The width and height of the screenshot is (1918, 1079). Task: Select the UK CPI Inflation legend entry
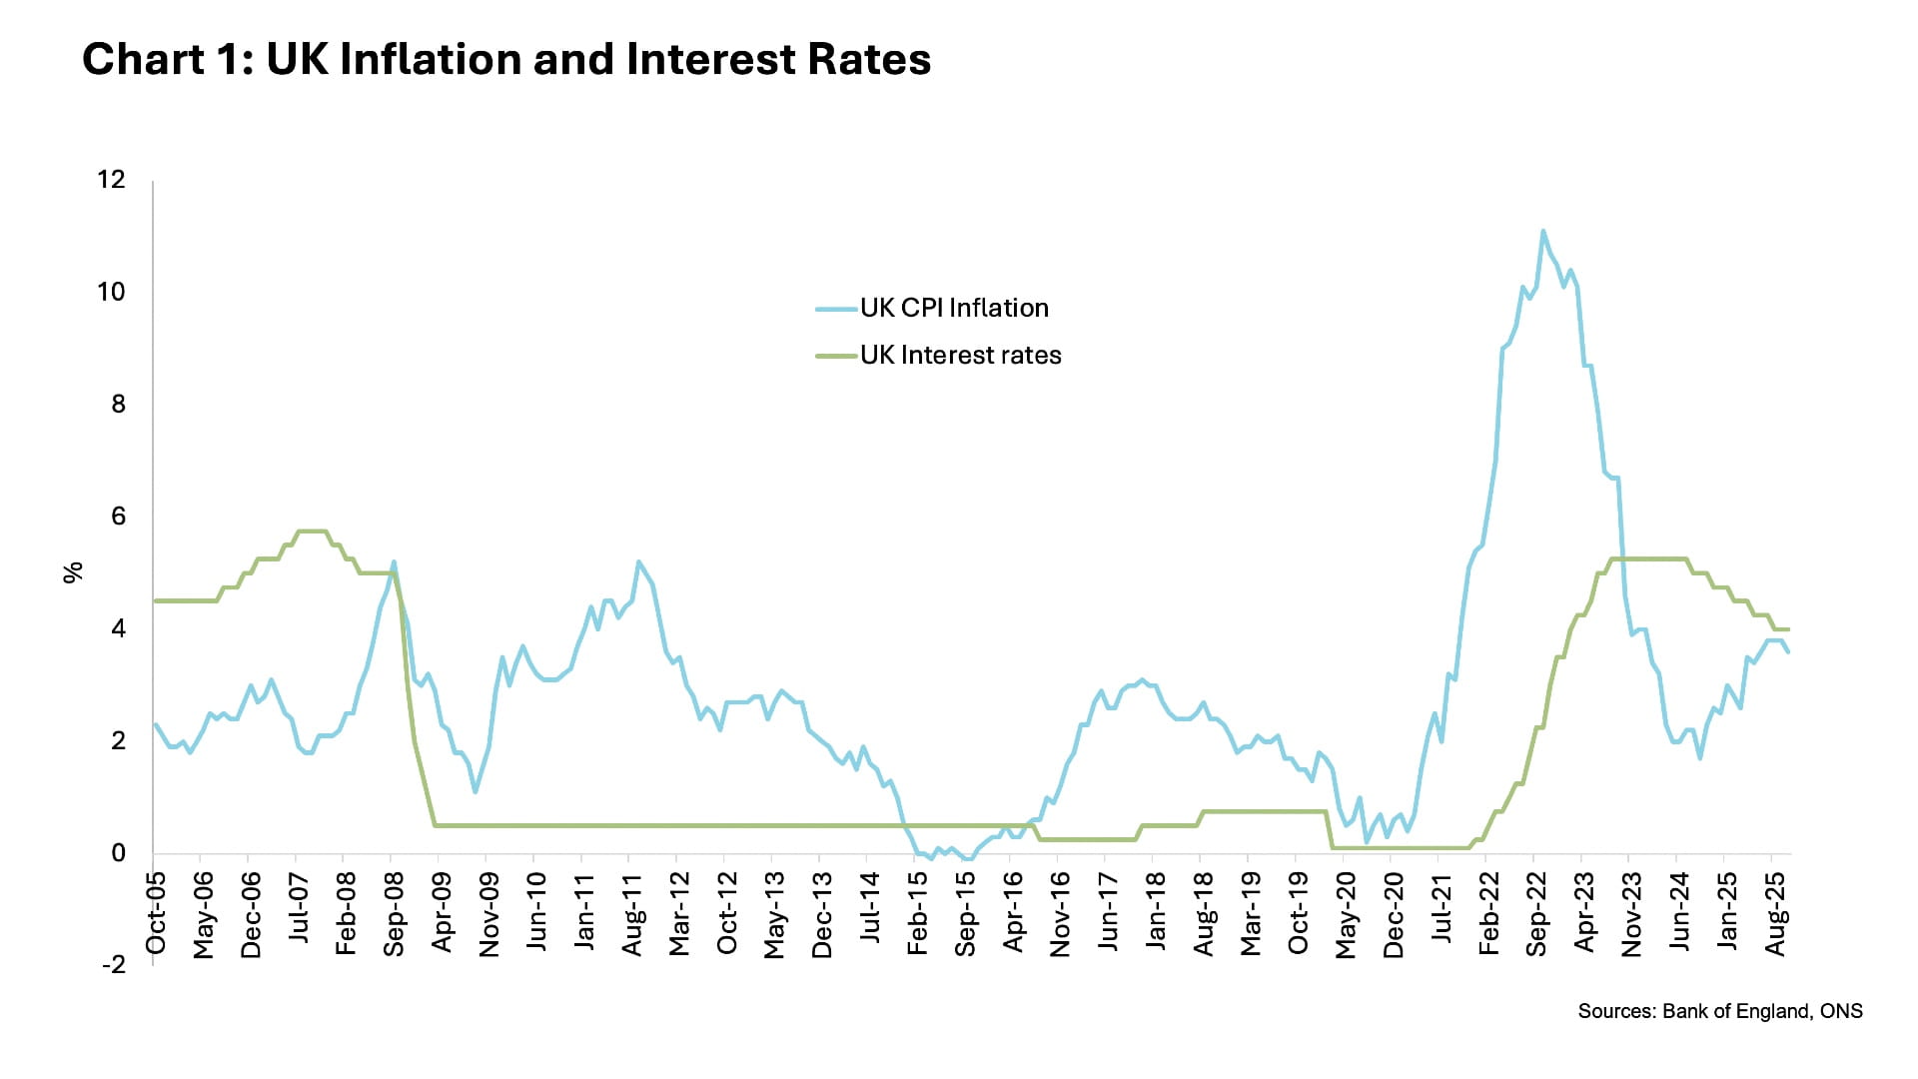pyautogui.click(x=953, y=308)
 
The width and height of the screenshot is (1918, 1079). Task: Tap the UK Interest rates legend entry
pyautogui.click(x=959, y=355)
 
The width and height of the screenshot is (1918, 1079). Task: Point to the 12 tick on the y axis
pyautogui.click(x=111, y=180)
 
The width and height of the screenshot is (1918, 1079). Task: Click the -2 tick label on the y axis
pyautogui.click(x=113, y=965)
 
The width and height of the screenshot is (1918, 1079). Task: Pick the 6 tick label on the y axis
pyautogui.click(x=118, y=517)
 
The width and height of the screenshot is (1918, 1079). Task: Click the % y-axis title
pyautogui.click(x=73, y=572)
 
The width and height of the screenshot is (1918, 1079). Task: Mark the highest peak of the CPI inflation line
pyautogui.click(x=1542, y=232)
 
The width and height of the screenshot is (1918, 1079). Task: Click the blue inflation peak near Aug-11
pyautogui.click(x=638, y=562)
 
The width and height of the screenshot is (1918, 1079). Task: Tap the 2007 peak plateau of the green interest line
pyautogui.click(x=312, y=531)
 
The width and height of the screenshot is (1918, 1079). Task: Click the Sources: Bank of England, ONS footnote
pyautogui.click(x=1719, y=1011)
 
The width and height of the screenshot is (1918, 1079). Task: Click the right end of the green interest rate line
pyautogui.click(x=1788, y=629)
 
